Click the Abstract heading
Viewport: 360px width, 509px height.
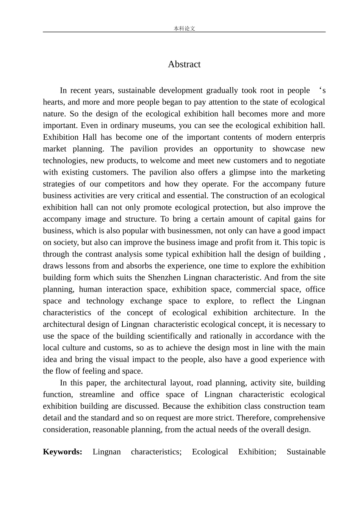click(184, 64)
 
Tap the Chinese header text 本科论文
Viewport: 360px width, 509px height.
click(184, 28)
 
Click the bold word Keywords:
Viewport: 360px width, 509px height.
click(63, 452)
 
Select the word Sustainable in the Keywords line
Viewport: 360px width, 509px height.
click(306, 452)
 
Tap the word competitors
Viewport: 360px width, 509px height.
click(125, 184)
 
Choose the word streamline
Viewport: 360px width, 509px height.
click(97, 395)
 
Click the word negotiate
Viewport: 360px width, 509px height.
click(308, 161)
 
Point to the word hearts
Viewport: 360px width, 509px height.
click(53, 102)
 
